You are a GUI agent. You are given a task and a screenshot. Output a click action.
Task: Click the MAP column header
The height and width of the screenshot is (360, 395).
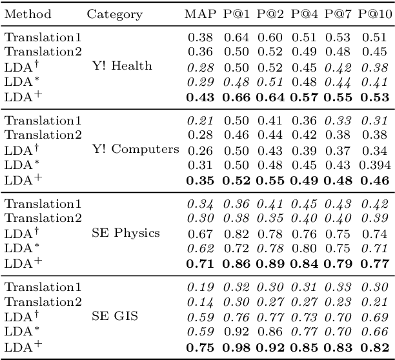tap(200, 14)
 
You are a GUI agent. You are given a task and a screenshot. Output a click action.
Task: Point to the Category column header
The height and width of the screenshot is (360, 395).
tap(114, 14)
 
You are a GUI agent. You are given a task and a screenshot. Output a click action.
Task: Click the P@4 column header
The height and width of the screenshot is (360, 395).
tap(305, 14)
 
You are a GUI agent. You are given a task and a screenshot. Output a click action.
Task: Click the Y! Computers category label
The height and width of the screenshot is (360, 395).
tap(133, 150)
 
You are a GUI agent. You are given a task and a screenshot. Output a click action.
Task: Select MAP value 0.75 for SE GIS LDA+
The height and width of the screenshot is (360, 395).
tap(200, 347)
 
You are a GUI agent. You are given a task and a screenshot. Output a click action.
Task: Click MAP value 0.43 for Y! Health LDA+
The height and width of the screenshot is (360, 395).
tap(200, 97)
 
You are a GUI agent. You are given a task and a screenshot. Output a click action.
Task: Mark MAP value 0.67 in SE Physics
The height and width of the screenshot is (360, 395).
tap(200, 233)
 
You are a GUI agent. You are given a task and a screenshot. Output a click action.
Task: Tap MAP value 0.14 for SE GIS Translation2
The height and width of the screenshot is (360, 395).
tap(200, 303)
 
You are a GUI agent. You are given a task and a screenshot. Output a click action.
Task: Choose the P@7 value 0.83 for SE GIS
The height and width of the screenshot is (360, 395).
tap(338, 347)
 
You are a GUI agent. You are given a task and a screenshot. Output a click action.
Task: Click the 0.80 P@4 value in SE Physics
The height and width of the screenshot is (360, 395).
tap(305, 248)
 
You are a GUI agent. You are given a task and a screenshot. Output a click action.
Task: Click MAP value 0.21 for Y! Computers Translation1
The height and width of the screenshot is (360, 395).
tap(200, 121)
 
